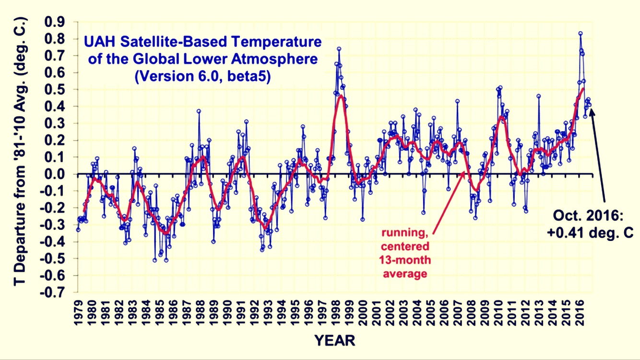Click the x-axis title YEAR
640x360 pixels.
coord(335,341)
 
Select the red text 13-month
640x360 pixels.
coord(406,261)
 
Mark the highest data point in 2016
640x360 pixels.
coord(580,34)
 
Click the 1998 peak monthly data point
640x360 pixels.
coord(339,49)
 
